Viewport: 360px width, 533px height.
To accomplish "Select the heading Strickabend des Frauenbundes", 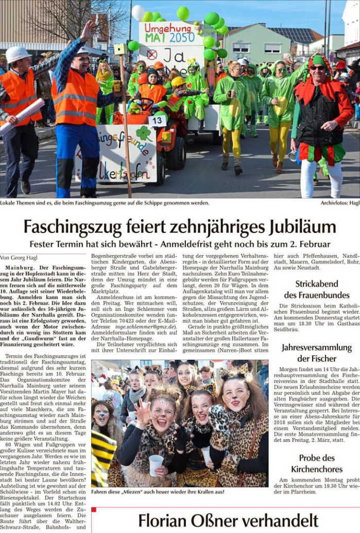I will (x=316, y=289).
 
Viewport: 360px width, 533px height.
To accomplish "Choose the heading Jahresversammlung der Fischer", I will (x=316, y=353).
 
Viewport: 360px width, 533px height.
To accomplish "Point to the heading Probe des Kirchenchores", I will (x=316, y=463).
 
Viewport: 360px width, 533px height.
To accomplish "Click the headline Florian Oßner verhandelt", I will (x=228, y=521).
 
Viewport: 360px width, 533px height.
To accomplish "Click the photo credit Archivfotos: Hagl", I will (x=339, y=203).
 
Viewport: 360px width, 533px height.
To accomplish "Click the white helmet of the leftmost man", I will (x=18, y=53).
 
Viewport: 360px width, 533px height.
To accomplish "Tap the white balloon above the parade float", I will (x=138, y=12).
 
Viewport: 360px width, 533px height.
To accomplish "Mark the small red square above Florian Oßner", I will (x=94, y=510).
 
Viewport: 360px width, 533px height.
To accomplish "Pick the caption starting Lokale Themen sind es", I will (x=105, y=203).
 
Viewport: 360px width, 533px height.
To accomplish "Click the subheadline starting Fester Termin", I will (x=180, y=244).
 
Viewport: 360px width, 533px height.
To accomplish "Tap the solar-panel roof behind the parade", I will (x=294, y=34).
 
